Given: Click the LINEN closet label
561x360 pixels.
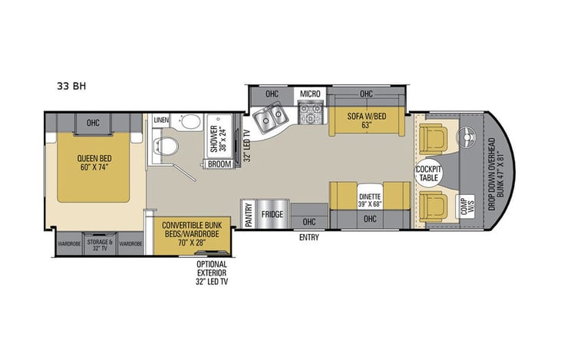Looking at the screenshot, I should click(161, 121).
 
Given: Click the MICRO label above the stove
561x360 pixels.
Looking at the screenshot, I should click(309, 94).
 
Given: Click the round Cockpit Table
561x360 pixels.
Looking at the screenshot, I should click(427, 173).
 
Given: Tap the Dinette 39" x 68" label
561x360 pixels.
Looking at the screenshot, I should click(370, 200).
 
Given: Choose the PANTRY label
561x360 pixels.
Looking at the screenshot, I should click(249, 213).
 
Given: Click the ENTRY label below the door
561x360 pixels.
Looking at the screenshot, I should click(309, 238).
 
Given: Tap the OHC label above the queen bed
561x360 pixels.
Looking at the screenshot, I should click(93, 121).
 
